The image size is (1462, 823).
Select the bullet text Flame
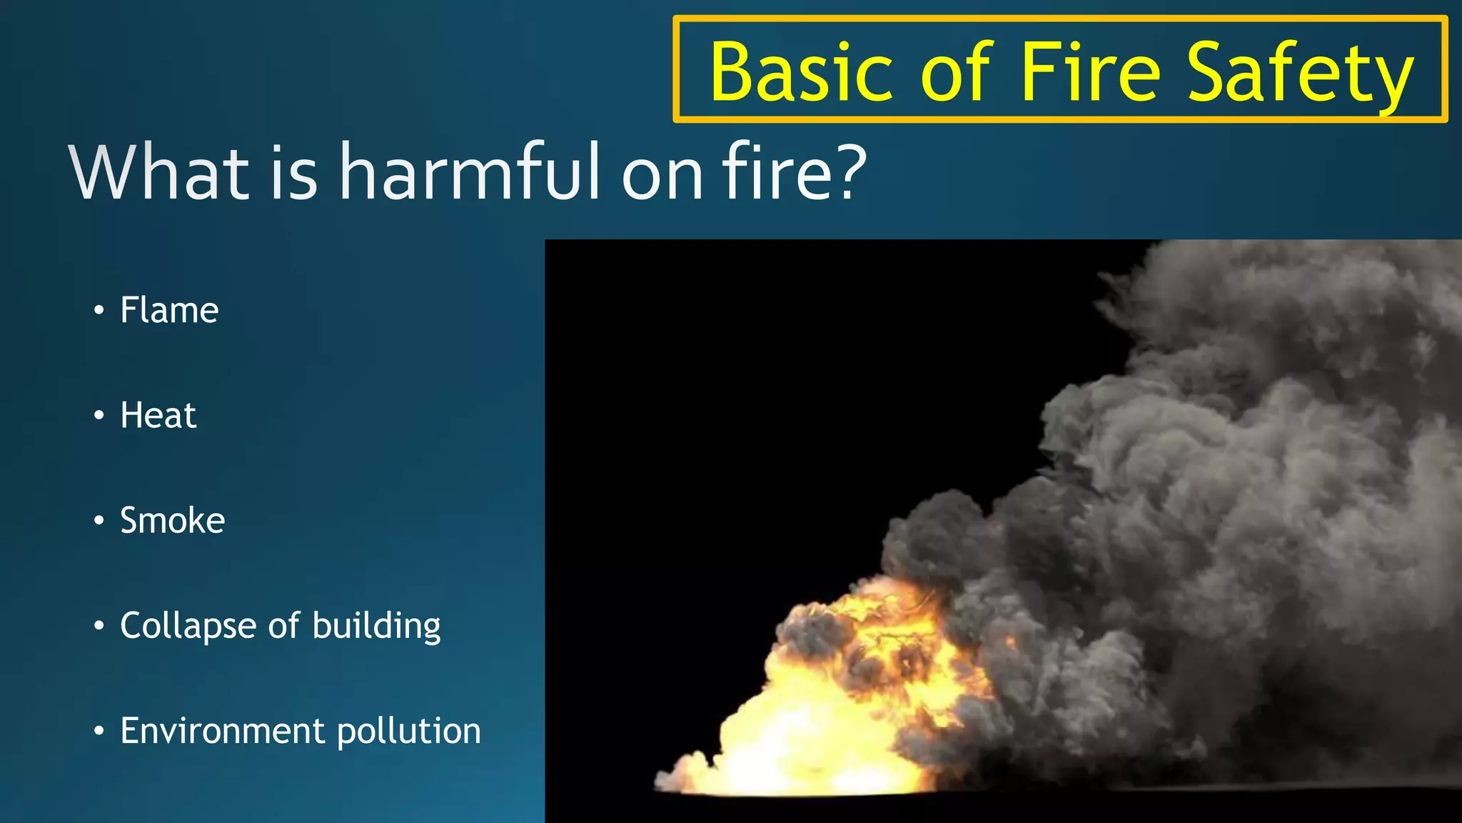pos(169,310)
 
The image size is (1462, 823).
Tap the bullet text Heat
pos(158,415)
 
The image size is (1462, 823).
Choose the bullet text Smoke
pos(172,520)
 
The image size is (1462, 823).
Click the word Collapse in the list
pos(188,626)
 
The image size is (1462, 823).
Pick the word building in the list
pos(376,627)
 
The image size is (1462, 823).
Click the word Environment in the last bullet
pos(222,731)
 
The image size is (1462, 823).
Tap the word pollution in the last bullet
pos(409,732)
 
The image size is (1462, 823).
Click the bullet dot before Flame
pos(99,311)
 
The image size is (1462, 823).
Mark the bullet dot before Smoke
pos(99,521)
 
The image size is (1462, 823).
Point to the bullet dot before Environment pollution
pos(99,731)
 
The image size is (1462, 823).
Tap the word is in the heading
pos(293,173)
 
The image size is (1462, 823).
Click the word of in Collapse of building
pos(284,626)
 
